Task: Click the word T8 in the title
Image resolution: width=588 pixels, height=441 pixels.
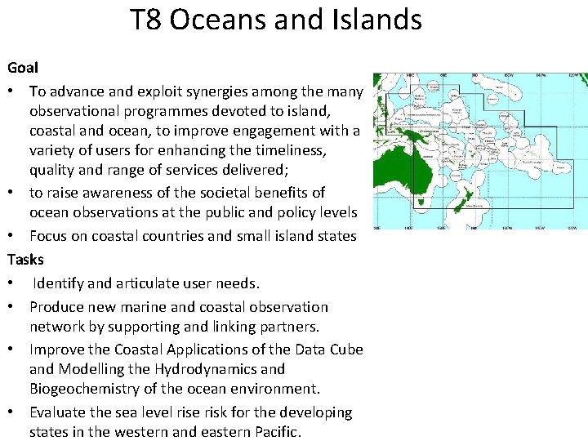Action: coord(147,19)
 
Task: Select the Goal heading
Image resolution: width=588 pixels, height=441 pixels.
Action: coord(23,67)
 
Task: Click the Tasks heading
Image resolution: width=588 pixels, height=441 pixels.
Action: coord(25,260)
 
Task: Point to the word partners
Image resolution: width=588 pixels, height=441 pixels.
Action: coord(291,327)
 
